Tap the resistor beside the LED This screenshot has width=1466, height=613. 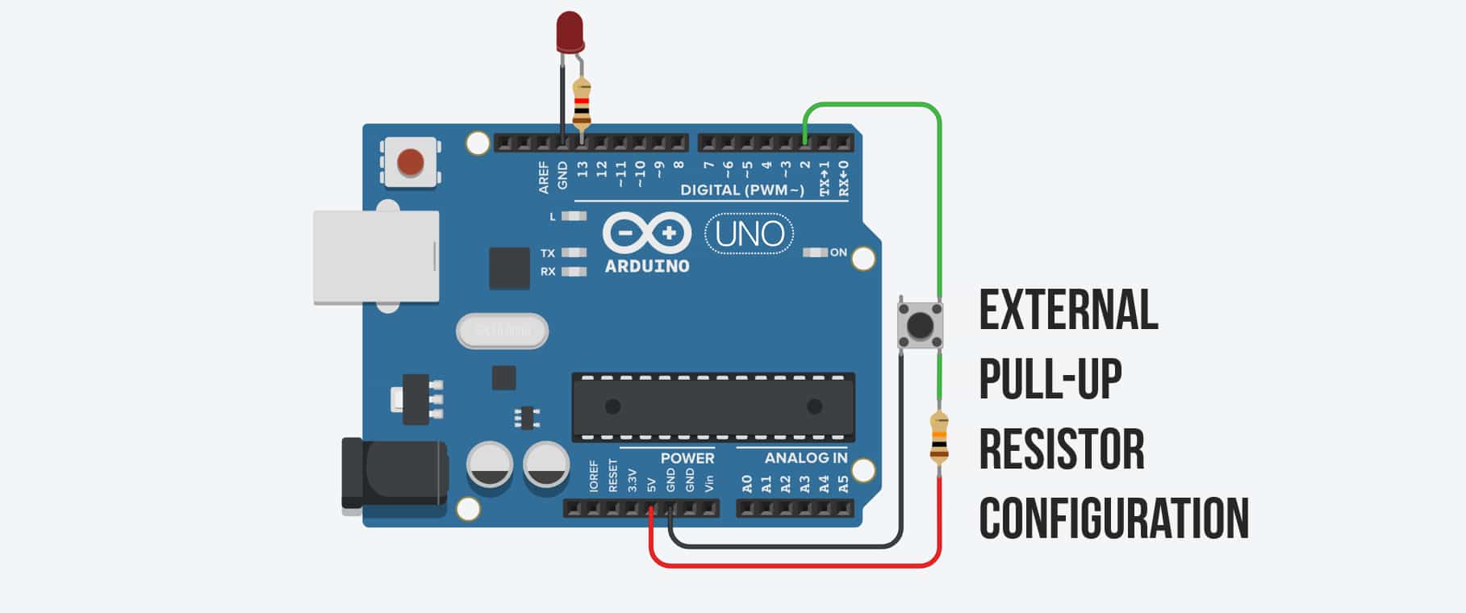pos(582,104)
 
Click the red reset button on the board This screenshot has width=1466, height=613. pos(411,162)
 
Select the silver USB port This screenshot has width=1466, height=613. pos(375,256)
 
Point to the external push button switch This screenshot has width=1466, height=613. pos(920,325)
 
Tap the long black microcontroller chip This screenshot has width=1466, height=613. pos(713,407)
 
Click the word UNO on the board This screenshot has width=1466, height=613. pos(750,234)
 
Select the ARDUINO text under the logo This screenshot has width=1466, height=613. pos(647,266)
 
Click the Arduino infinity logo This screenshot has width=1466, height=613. pos(647,234)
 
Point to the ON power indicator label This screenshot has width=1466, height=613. pos(838,252)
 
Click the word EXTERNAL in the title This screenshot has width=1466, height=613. pos(1068,310)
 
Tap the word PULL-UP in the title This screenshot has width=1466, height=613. pos(1050,379)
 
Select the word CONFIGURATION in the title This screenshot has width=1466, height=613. pos(1113,519)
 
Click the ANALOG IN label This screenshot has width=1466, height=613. pos(805,458)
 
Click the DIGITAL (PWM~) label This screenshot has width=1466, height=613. pos(742,190)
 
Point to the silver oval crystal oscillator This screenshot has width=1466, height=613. pos(502,331)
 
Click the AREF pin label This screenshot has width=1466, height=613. pos(544,177)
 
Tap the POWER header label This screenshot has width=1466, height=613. pos(687,458)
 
